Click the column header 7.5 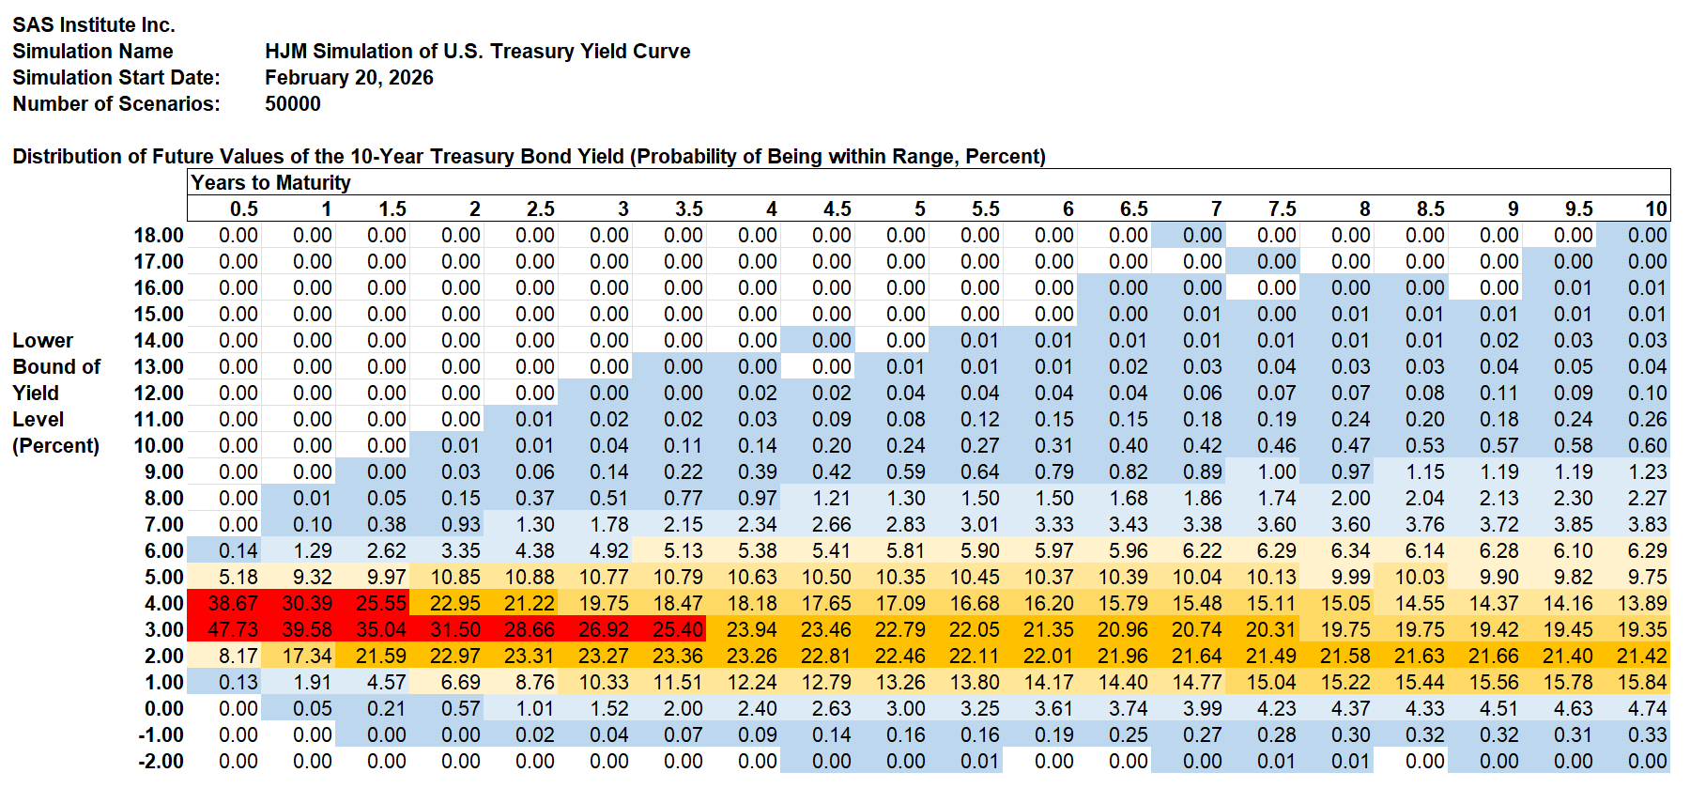[1282, 209]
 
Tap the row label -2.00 [161, 761]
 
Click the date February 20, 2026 [348, 77]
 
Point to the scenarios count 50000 [292, 103]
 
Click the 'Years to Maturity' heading [270, 182]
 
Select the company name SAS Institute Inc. [94, 24]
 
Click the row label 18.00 [159, 235]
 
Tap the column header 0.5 [243, 209]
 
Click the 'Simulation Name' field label [92, 51]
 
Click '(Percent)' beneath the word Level [55, 445]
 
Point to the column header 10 [1655, 209]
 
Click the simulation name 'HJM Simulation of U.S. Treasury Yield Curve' [477, 51]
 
